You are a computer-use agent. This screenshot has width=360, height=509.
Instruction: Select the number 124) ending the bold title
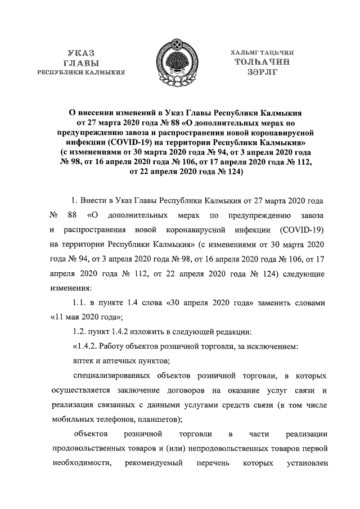232,172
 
